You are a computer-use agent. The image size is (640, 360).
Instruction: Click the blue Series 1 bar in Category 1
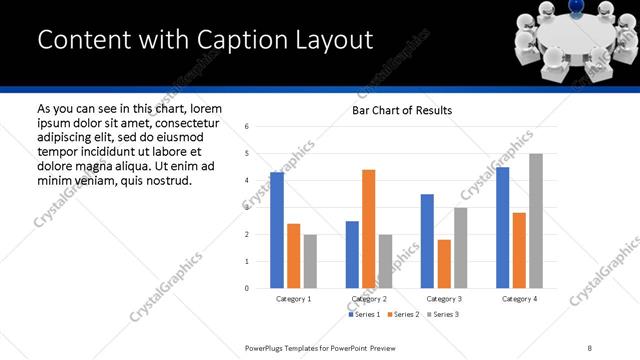click(x=277, y=230)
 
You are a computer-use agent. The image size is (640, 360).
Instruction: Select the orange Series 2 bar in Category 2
click(x=368, y=229)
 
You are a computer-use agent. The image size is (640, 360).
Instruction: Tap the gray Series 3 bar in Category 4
click(x=536, y=221)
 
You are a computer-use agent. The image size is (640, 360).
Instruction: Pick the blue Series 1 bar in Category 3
click(x=427, y=241)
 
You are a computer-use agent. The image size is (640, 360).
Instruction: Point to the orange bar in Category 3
click(x=444, y=264)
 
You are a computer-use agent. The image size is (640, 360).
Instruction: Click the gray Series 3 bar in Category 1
click(x=310, y=261)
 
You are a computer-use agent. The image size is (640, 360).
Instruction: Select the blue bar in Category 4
click(x=502, y=228)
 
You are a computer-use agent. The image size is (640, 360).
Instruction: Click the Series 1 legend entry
click(x=363, y=314)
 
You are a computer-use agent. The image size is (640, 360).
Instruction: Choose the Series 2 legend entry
click(x=402, y=314)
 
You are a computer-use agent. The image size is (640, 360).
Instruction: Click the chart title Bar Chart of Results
click(x=402, y=110)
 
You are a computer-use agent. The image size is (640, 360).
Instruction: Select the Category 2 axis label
click(x=369, y=299)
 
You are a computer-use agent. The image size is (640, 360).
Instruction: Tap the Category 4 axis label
click(x=519, y=299)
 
